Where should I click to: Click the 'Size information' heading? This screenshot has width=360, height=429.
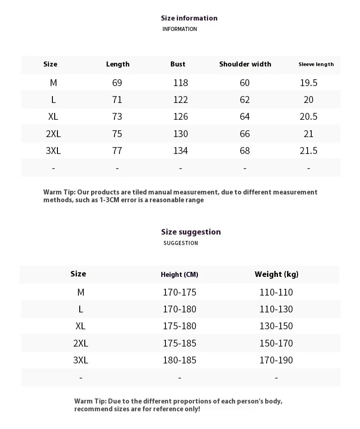tap(189, 18)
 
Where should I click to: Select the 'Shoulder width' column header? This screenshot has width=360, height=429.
tap(245, 64)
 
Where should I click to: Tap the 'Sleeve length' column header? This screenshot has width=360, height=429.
tap(316, 64)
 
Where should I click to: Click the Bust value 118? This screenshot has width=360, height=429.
tap(180, 83)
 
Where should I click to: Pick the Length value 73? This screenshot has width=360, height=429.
tap(117, 117)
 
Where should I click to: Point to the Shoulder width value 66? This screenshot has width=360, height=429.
tap(245, 134)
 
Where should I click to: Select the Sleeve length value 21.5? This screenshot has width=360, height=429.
tap(309, 151)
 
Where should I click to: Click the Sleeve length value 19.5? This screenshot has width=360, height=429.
tap(309, 83)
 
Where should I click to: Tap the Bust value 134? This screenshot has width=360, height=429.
tap(180, 151)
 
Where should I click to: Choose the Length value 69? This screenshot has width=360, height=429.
tap(117, 83)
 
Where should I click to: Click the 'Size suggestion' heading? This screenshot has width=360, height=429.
tap(191, 232)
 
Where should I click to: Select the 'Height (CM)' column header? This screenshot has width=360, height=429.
tap(180, 275)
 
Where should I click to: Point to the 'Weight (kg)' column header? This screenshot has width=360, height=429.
tap(277, 274)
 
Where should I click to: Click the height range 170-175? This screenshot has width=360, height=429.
tap(180, 292)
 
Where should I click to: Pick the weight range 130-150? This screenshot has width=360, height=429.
tap(276, 326)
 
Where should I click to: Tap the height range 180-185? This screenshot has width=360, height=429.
tap(180, 360)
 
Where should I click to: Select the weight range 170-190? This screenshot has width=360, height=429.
tap(276, 360)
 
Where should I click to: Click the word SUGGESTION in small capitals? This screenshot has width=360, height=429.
tap(181, 243)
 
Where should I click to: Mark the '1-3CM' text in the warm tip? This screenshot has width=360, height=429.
tap(110, 200)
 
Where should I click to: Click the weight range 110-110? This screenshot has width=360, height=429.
tap(276, 292)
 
